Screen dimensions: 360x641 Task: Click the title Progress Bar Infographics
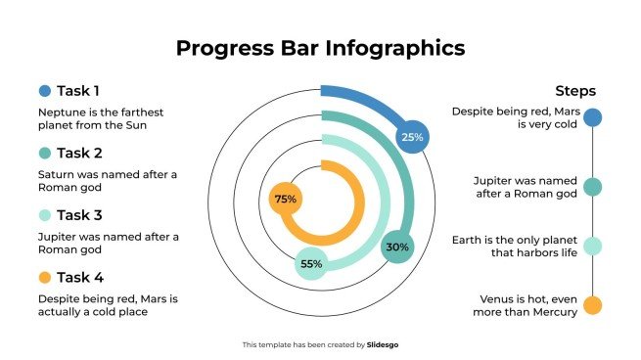tap(320, 47)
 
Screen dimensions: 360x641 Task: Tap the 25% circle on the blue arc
tap(412, 138)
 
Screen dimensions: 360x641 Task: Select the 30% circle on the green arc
tap(397, 247)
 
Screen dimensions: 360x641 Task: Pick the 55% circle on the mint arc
tap(311, 264)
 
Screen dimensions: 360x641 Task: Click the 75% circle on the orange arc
tap(285, 199)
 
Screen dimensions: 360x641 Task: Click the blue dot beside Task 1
tap(45, 91)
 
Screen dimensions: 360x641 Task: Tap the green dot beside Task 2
tap(45, 154)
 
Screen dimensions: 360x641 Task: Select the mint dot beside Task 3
tap(45, 215)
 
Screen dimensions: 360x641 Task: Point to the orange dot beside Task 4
tap(45, 277)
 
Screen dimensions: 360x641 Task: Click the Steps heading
tap(574, 91)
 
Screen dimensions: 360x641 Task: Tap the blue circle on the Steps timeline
tap(592, 118)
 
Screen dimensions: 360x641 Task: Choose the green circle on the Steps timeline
tap(592, 187)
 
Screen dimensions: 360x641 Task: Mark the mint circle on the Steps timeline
tap(592, 246)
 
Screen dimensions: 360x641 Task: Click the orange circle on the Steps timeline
tap(592, 305)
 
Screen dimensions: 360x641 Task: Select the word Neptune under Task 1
tap(60, 112)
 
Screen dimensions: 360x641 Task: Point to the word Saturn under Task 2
tap(57, 174)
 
